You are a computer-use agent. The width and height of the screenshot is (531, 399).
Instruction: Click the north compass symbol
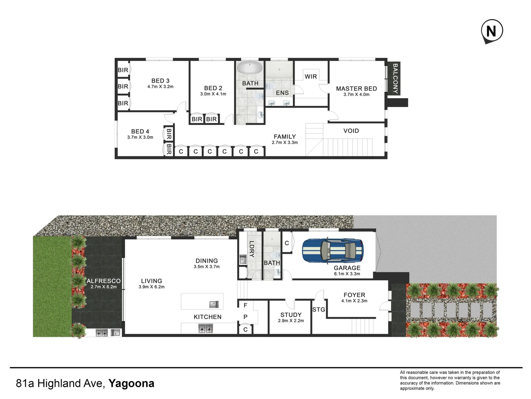[492, 31]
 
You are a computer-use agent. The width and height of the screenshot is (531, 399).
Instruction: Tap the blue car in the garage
[333, 251]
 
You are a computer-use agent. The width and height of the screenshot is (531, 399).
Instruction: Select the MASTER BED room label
[356, 89]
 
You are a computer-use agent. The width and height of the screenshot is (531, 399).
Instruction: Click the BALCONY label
[395, 78]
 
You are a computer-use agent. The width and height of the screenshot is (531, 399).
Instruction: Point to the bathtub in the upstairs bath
[250, 68]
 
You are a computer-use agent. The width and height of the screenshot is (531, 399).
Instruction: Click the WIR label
[310, 76]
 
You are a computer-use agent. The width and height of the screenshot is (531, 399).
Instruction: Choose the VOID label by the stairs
[351, 131]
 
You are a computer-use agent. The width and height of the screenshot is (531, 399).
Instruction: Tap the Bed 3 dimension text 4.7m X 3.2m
[160, 87]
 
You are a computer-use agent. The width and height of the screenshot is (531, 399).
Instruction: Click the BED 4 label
[140, 132]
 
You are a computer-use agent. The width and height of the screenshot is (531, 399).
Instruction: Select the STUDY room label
[291, 315]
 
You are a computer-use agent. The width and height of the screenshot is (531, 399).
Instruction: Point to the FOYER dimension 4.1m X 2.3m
[354, 301]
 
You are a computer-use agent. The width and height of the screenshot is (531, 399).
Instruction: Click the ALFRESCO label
[104, 281]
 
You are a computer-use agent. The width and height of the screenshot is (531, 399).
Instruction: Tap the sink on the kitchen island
[214, 304]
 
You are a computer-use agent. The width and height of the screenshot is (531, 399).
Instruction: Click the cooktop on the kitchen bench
[206, 328]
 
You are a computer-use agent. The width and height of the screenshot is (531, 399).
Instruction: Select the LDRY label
[251, 249]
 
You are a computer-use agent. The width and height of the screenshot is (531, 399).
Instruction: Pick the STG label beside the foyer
[319, 310]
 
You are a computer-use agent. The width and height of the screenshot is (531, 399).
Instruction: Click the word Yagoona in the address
[131, 383]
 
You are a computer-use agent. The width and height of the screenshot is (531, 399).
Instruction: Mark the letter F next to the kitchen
[245, 305]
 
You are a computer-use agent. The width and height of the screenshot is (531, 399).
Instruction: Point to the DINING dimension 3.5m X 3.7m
[206, 267]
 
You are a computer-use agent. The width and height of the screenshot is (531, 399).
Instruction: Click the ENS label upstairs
[282, 93]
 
